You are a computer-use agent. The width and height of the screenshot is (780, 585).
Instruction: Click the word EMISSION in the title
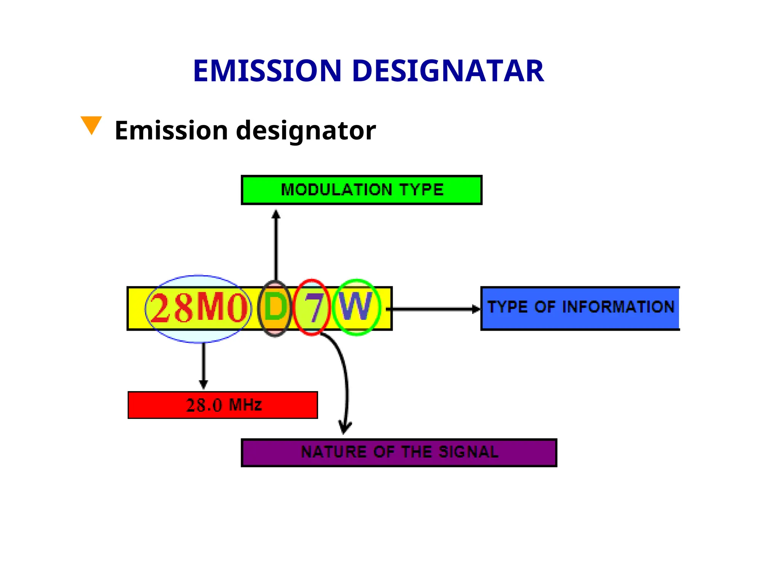267,71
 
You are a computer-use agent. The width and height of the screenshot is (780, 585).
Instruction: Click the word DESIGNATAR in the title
448,71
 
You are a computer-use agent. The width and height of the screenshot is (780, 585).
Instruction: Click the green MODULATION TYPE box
361,190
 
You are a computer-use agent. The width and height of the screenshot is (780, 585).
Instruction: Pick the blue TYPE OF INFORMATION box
580,308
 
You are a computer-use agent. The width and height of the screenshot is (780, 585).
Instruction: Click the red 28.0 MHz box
223,405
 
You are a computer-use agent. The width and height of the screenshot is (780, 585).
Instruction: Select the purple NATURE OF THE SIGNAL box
399,452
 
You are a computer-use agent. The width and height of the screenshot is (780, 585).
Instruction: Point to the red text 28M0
198,308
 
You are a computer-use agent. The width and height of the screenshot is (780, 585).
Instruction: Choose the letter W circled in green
356,307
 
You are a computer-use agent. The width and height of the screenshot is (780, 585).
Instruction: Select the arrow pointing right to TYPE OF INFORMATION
434,309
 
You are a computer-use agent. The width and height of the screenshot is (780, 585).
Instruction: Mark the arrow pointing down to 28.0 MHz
203,366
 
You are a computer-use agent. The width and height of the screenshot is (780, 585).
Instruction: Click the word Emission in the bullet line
171,131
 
